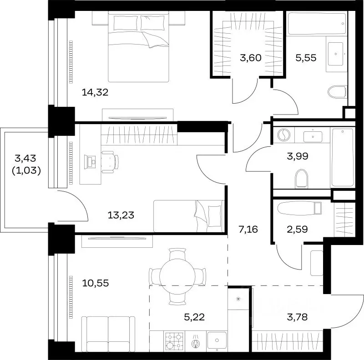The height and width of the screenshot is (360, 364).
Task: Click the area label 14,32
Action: click(x=95, y=93)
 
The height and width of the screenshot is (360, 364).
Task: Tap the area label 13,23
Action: click(x=121, y=215)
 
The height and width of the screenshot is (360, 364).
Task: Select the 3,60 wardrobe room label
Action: click(x=251, y=58)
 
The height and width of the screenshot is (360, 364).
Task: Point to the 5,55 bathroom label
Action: click(x=306, y=58)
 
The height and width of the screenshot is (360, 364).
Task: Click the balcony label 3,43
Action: click(x=25, y=158)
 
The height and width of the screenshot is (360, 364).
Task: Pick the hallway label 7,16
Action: click(x=248, y=230)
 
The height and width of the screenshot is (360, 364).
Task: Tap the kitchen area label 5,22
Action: click(x=194, y=317)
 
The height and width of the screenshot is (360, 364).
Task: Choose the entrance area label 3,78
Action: click(x=298, y=317)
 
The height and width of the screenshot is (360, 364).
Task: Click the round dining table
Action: click(x=177, y=276)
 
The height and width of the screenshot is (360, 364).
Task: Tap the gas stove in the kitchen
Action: click(x=174, y=341)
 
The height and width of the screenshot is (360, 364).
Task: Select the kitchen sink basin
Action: click(x=217, y=340)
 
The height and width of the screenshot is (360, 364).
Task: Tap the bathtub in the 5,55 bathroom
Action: click(x=317, y=24)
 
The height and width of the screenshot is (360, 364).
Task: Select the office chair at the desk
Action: click(x=110, y=162)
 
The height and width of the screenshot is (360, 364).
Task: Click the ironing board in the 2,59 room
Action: click(x=299, y=208)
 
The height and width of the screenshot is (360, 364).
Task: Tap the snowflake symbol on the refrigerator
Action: click(x=238, y=299)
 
